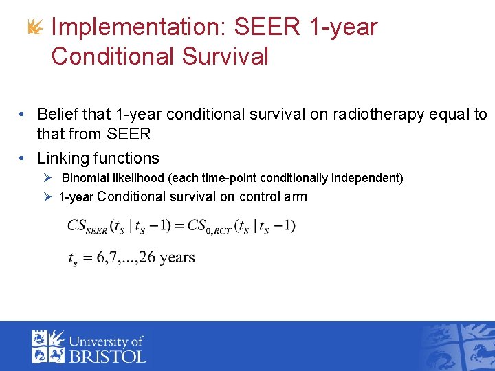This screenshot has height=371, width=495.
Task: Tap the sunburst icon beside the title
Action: pos(35,28)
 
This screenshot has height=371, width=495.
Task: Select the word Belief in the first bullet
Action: pos(58,114)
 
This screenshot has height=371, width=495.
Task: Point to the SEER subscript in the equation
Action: pos(96,230)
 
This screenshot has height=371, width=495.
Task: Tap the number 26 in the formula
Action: pos(146,258)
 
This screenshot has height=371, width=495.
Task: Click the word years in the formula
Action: pos(177,259)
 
